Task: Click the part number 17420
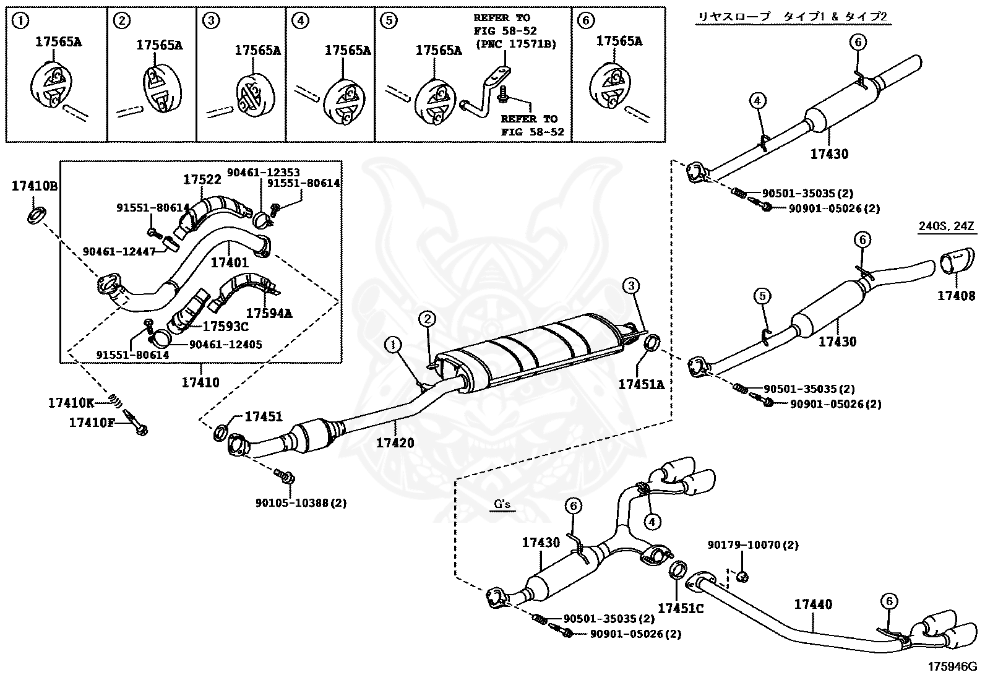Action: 395,443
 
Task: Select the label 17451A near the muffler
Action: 642,385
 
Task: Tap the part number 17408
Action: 956,296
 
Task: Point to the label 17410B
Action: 35,185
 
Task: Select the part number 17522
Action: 202,179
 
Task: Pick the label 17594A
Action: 269,313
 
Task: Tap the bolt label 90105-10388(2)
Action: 301,503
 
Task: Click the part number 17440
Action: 813,605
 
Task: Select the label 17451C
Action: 681,608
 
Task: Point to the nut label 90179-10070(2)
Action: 753,545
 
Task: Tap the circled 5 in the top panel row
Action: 388,20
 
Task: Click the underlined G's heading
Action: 502,504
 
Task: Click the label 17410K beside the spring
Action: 71,403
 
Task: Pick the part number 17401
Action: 230,262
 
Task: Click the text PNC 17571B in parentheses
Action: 515,43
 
